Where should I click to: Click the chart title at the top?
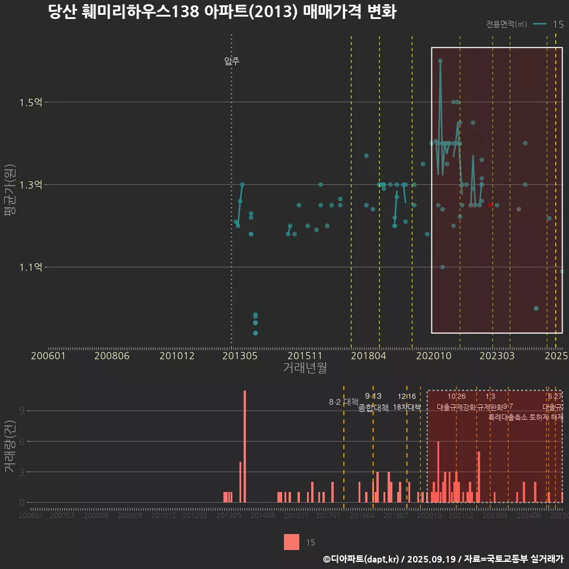[222, 12]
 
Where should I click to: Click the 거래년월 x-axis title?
[305, 367]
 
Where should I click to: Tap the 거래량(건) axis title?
[9, 447]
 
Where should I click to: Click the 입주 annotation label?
[232, 61]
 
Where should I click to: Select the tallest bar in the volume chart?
[244, 446]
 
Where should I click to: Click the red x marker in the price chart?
[490, 205]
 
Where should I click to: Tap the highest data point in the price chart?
[440, 60]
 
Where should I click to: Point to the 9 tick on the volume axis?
[23, 411]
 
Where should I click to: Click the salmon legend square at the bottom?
[292, 542]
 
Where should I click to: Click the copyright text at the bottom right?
[443, 558]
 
